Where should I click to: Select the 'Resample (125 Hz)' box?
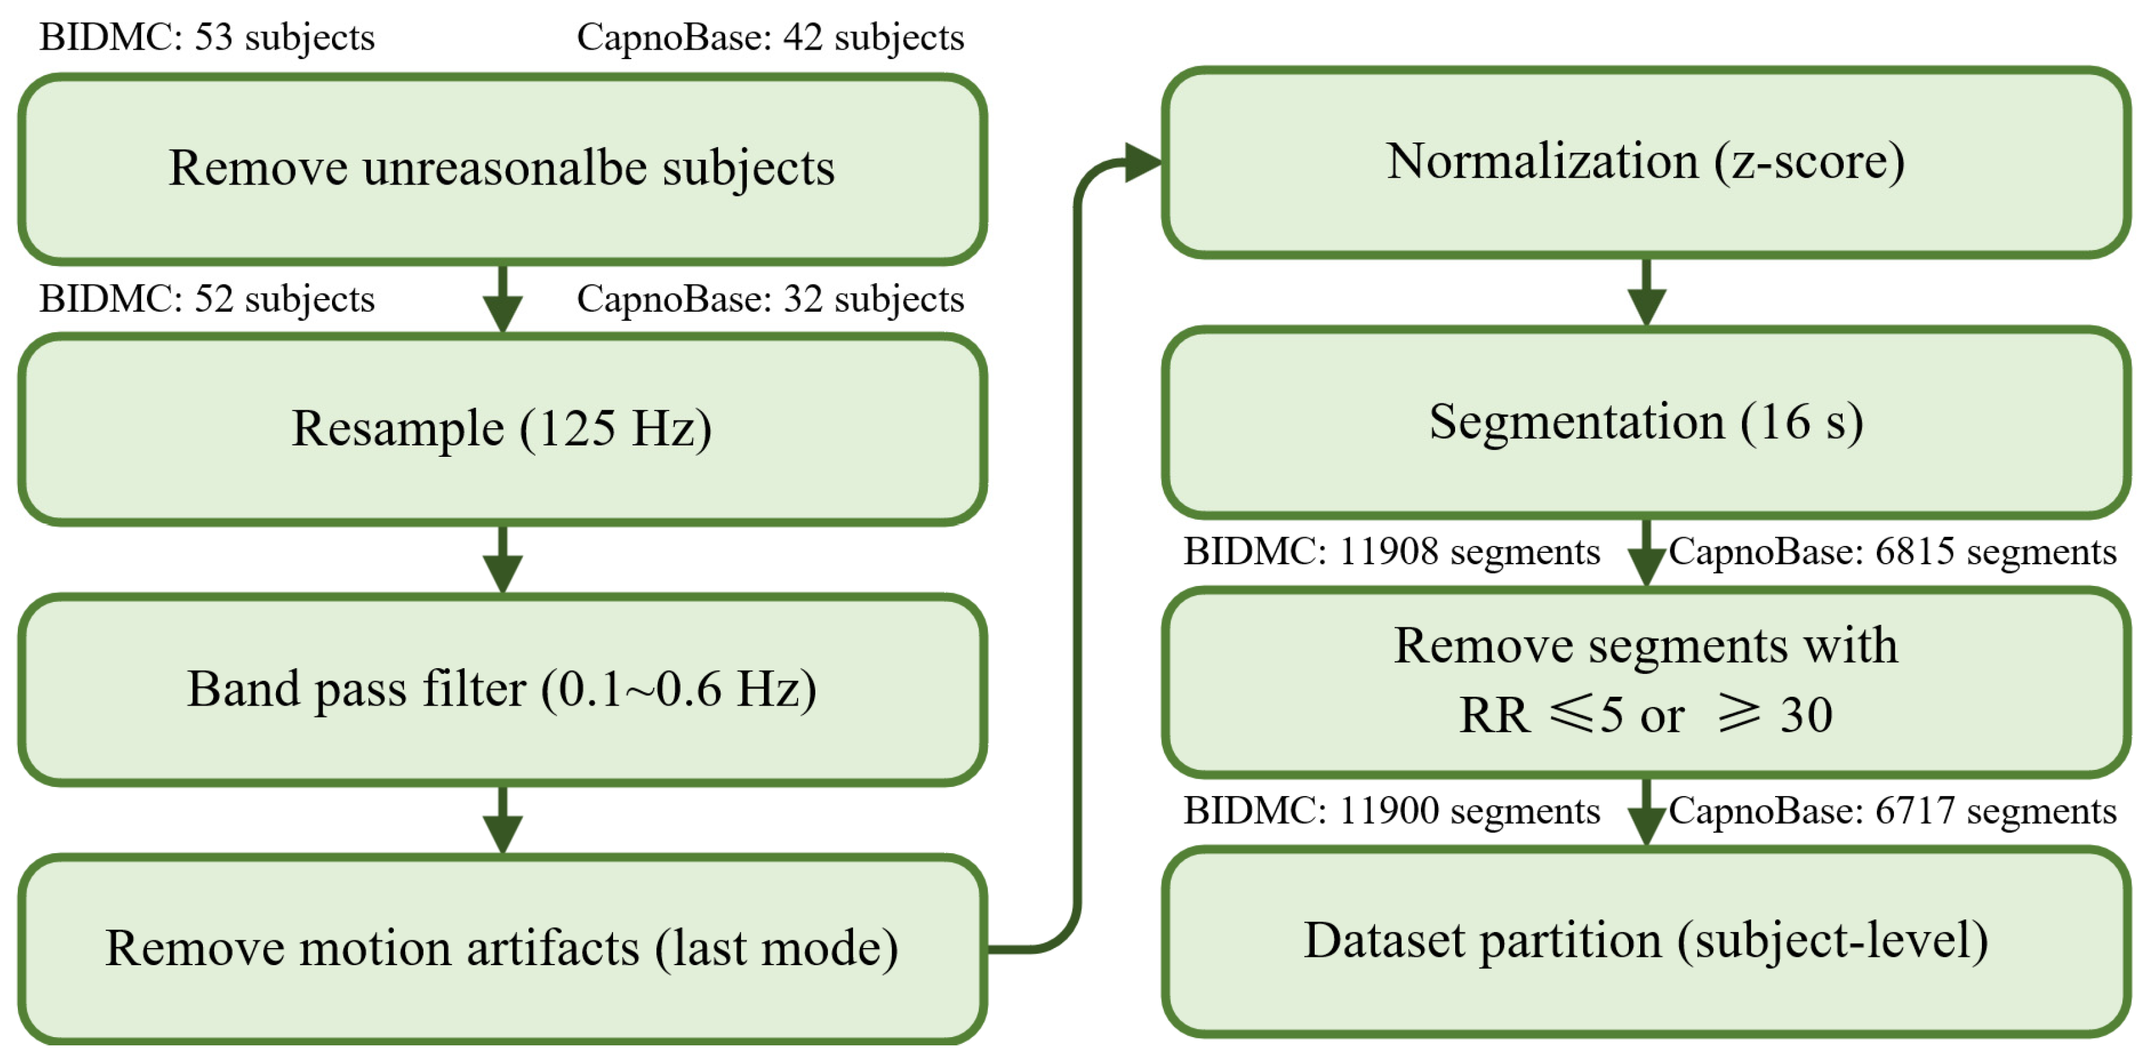[502, 429]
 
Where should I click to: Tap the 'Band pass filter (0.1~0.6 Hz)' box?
[502, 689]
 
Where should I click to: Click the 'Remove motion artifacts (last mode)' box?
[502, 948]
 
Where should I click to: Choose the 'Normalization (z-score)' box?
[1645, 162]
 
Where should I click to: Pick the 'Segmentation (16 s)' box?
[1645, 422]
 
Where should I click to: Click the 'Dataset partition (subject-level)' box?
[1645, 942]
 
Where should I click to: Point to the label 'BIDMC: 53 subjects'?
[207, 38]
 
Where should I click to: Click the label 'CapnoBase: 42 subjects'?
[770, 38]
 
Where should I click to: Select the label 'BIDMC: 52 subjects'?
[207, 300]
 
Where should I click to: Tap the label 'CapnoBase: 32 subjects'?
[770, 300]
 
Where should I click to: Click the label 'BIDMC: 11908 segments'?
[1392, 552]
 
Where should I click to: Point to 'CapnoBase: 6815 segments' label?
[1892, 552]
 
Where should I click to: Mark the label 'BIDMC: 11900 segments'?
[1392, 811]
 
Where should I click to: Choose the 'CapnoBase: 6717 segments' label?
[1892, 811]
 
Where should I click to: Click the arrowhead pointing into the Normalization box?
[1140, 162]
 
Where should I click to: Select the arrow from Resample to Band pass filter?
[502, 559]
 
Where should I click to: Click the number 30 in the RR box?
[1806, 715]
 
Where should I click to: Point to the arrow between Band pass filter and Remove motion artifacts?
[502, 820]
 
